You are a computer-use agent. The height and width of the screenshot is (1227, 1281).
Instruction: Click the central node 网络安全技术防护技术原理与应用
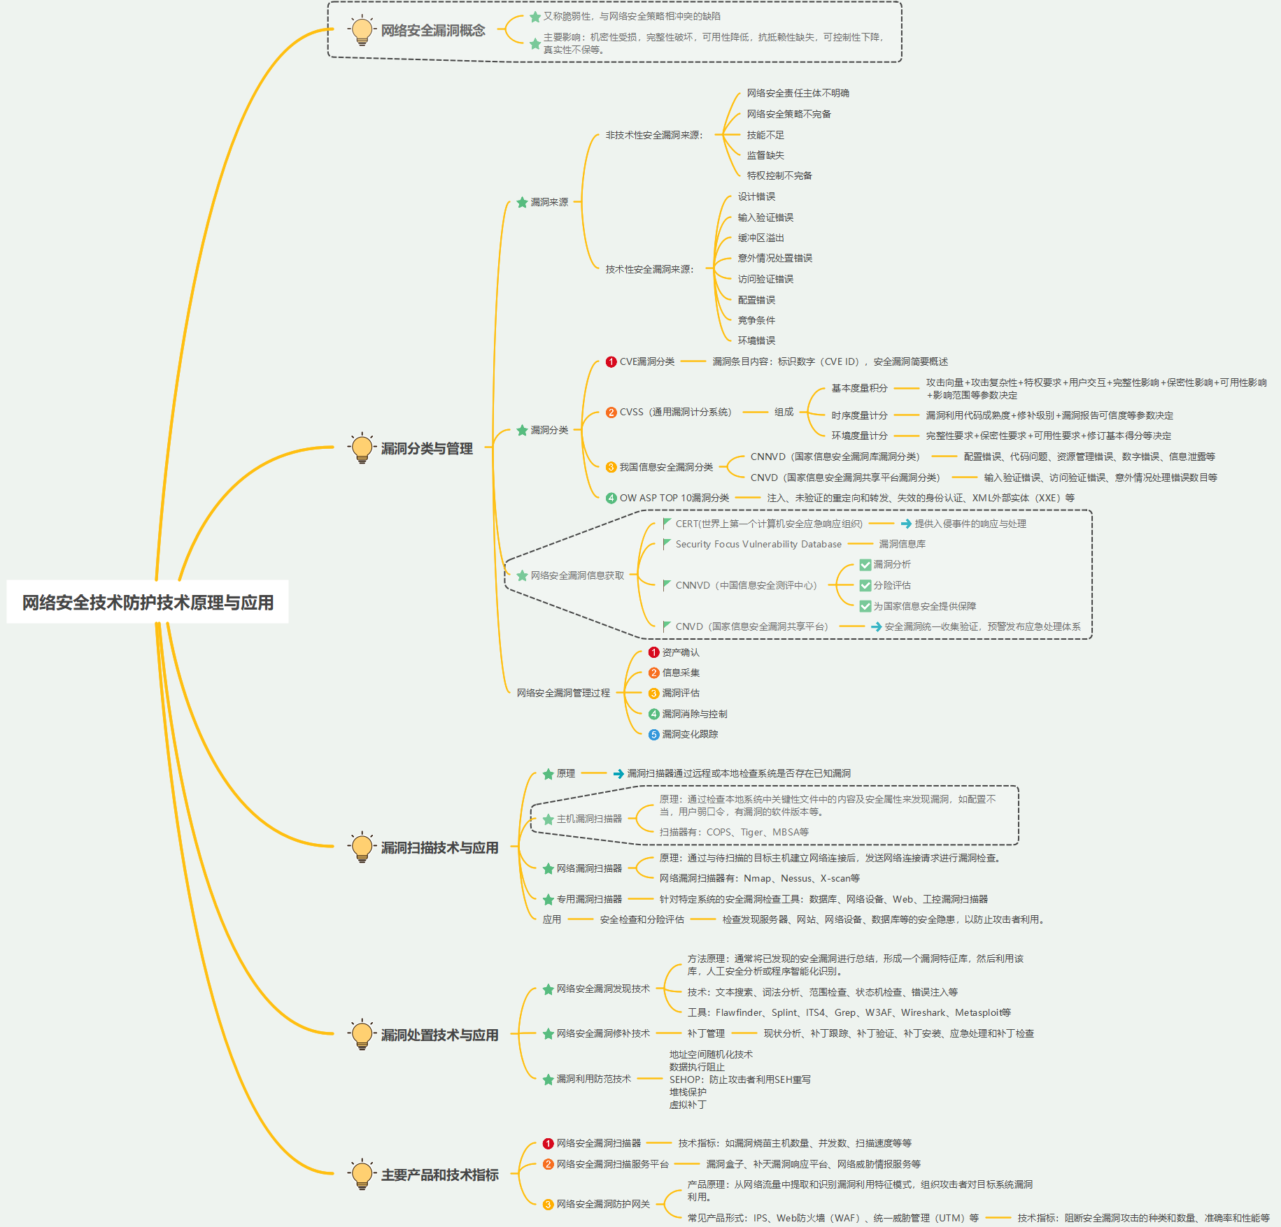click(x=148, y=602)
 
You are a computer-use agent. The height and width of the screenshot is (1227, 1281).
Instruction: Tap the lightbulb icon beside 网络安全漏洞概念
click(x=362, y=30)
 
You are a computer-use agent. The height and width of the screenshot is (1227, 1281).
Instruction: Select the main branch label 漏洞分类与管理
click(x=426, y=448)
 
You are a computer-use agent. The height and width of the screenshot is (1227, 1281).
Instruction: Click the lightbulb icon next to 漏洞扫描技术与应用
click(x=362, y=847)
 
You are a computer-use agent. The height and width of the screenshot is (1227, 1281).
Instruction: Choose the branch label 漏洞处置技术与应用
click(x=439, y=1035)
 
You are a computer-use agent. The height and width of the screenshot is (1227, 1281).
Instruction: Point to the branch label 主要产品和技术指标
click(x=439, y=1175)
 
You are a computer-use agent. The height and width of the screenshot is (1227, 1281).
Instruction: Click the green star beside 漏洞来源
click(x=522, y=202)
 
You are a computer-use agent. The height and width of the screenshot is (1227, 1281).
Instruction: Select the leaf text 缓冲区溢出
click(x=760, y=238)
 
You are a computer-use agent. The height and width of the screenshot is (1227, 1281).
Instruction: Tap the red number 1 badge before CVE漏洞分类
click(x=611, y=361)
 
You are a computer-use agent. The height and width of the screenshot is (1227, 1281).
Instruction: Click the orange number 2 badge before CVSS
click(x=611, y=412)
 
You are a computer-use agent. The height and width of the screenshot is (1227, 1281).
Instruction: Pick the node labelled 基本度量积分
click(x=859, y=388)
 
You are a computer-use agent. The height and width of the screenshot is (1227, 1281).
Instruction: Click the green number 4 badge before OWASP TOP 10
click(x=611, y=498)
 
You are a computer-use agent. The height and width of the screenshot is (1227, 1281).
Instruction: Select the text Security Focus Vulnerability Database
click(x=758, y=544)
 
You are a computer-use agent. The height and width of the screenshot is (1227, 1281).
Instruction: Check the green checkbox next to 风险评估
click(x=865, y=585)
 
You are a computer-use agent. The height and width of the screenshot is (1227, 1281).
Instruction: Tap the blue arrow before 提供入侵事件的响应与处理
click(x=906, y=524)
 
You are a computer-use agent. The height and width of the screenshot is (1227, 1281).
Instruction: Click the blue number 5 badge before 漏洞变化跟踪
click(x=653, y=734)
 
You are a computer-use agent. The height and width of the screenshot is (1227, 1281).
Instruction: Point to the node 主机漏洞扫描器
click(x=589, y=819)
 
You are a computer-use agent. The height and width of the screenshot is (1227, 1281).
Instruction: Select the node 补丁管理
click(x=705, y=1033)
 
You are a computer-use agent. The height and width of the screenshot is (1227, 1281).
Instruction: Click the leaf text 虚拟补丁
click(x=688, y=1105)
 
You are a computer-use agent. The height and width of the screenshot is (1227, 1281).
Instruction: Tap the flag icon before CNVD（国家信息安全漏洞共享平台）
click(x=667, y=626)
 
